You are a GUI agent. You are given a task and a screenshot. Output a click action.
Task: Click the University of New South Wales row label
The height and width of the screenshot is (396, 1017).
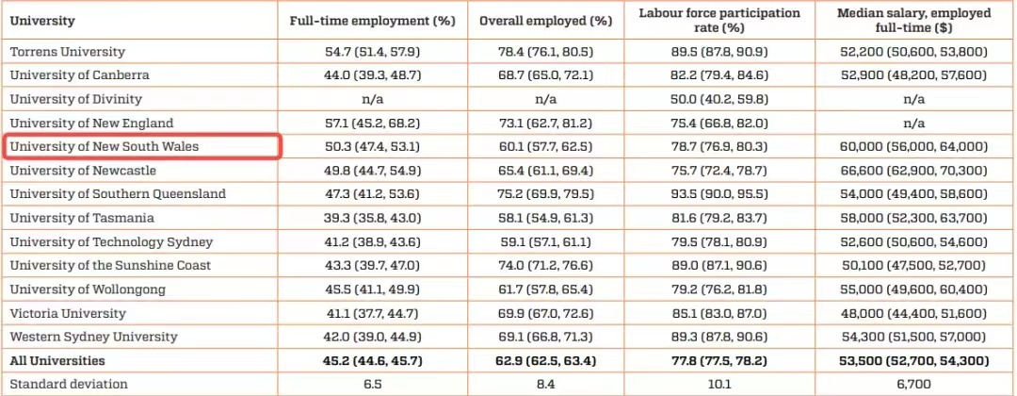[105, 147]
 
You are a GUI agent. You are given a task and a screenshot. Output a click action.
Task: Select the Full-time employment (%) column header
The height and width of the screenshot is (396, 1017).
[373, 20]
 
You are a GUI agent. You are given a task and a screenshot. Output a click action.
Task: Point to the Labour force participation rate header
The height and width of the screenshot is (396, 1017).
[719, 20]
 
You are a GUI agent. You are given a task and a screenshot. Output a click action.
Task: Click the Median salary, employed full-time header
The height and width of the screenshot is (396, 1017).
[914, 20]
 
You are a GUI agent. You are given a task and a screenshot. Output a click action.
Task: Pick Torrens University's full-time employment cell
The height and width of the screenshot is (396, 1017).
[373, 51]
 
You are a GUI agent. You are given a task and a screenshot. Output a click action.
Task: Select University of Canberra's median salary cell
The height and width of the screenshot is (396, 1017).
[913, 74]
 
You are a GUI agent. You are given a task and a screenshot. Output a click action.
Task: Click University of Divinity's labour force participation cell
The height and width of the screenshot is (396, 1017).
[719, 99]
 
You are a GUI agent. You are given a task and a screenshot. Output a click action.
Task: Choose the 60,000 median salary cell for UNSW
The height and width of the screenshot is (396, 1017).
[913, 147]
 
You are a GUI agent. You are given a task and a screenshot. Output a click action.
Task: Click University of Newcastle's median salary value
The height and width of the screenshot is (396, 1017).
[913, 171]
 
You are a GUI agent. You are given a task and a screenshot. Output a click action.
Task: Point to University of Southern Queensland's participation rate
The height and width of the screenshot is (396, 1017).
[719, 194]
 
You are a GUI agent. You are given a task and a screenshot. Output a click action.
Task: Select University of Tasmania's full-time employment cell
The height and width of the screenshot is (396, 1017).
[373, 218]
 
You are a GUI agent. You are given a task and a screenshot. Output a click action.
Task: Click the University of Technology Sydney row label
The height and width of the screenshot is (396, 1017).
[111, 242]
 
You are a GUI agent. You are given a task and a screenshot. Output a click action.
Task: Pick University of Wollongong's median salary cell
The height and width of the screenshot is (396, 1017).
[913, 289]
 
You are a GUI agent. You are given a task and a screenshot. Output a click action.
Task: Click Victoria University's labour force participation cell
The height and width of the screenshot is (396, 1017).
[719, 313]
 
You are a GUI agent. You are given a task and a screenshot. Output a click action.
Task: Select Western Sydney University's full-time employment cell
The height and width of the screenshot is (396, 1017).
[373, 337]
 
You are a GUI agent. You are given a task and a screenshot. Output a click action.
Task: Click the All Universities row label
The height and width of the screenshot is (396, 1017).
[57, 361]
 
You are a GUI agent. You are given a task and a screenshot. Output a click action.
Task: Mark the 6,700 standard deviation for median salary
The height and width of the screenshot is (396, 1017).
[913, 385]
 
